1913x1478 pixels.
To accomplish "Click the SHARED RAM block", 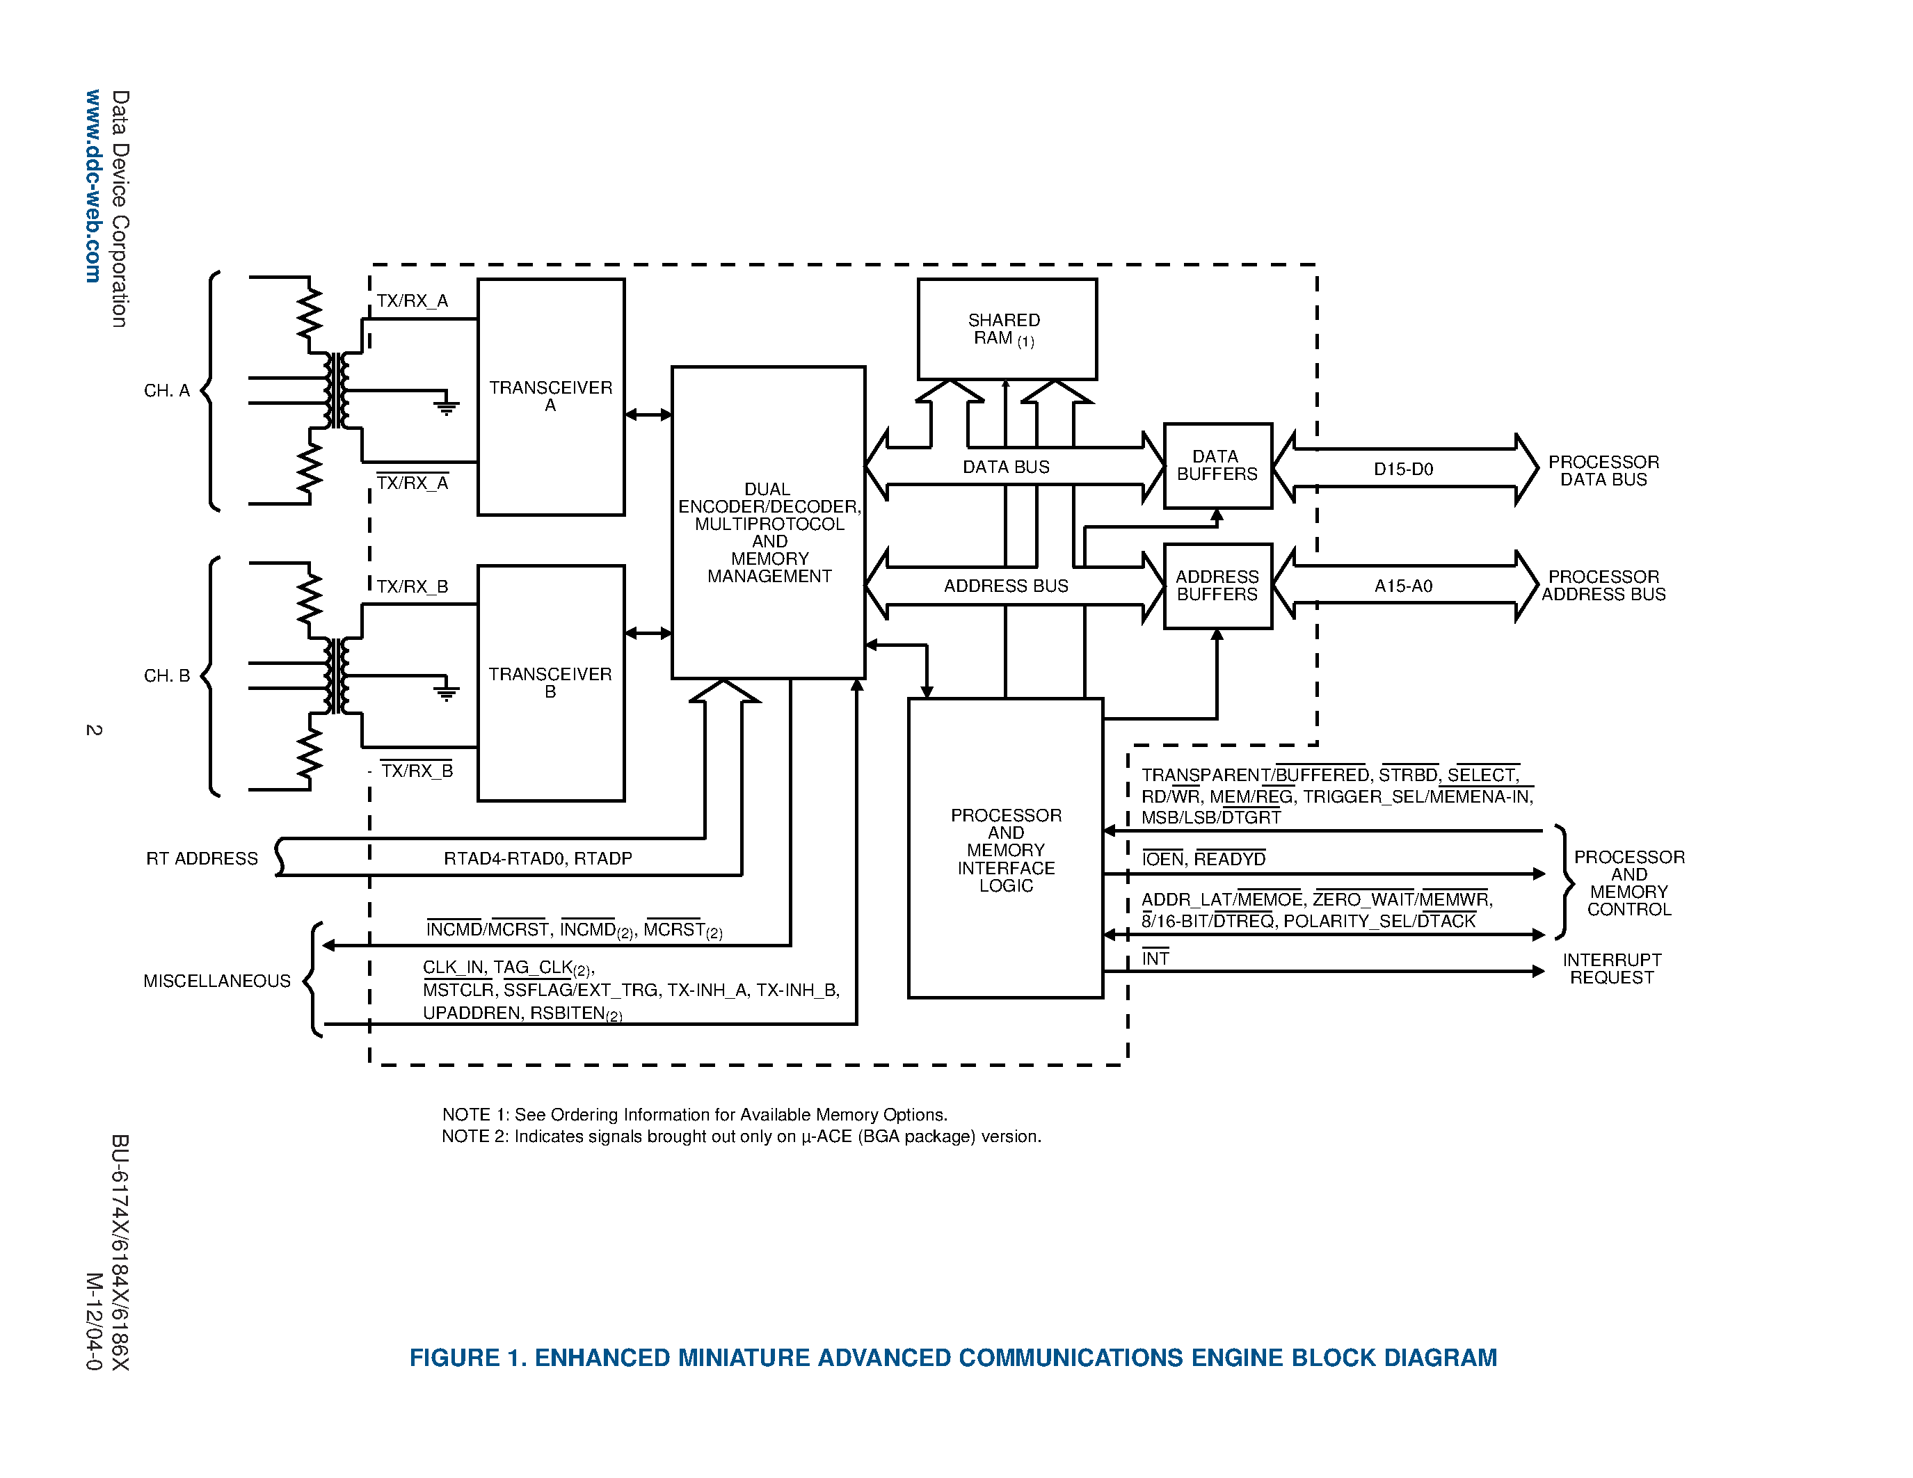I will point(1007,329).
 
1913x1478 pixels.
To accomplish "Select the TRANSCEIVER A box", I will point(550,396).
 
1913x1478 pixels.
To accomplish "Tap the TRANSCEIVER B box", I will point(550,682).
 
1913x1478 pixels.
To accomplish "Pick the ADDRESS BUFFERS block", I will point(1217,585).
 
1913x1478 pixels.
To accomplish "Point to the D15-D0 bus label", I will point(1402,469).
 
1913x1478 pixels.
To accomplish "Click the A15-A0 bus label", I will point(1402,586).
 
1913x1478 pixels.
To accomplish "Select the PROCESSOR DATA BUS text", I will point(1603,470).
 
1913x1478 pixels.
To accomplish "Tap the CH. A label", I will point(166,390).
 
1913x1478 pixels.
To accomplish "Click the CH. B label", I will point(166,676).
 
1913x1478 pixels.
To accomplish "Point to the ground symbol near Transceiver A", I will point(447,405).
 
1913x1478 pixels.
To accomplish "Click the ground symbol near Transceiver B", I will point(447,693).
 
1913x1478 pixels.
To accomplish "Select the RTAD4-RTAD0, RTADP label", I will point(537,858).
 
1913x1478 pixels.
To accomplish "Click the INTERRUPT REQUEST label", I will point(1611,968).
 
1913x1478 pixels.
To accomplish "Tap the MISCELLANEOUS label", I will point(216,981).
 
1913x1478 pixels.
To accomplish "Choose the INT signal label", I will point(1155,958).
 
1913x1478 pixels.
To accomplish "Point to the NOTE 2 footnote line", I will point(741,1136).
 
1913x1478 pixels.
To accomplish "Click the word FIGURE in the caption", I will point(454,1357).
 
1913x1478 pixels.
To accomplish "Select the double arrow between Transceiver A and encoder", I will point(648,415).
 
